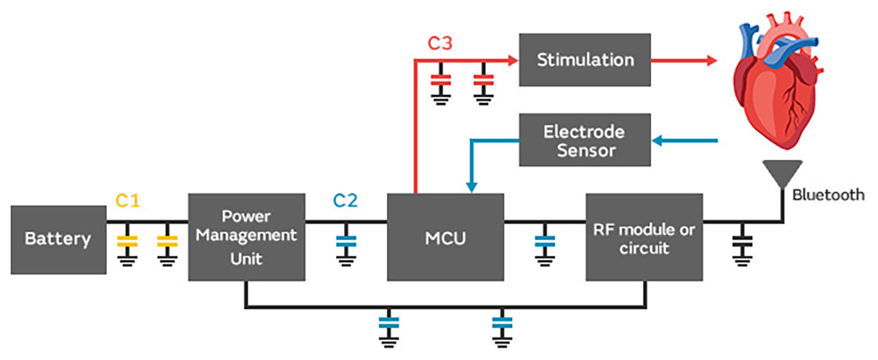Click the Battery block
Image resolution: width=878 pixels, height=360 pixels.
(x=58, y=239)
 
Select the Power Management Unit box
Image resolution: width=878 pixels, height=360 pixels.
(x=247, y=237)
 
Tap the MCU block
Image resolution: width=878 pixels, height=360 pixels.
(x=445, y=237)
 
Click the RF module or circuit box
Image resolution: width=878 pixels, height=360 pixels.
(x=644, y=237)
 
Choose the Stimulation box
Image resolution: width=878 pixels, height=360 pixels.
(x=585, y=59)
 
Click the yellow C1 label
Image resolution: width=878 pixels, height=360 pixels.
(x=127, y=200)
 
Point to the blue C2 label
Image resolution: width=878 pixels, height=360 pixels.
(x=345, y=200)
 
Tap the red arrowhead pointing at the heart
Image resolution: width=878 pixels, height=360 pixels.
(x=712, y=61)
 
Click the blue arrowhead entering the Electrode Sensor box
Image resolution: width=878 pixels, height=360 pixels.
(x=657, y=140)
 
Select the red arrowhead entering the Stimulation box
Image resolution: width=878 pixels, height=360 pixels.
(x=513, y=61)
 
